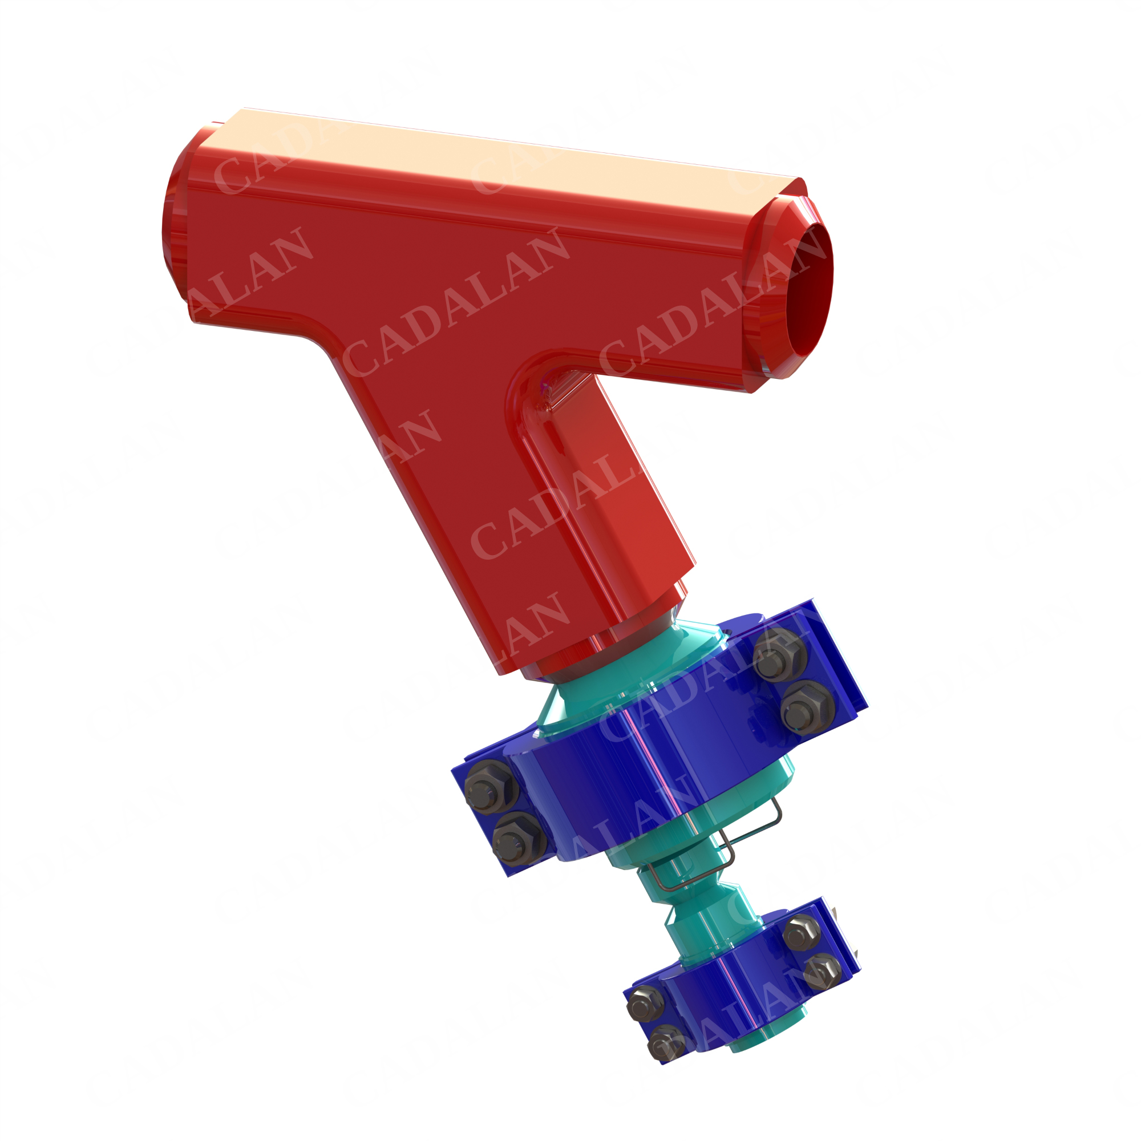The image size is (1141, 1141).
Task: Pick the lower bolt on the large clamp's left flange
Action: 516,841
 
